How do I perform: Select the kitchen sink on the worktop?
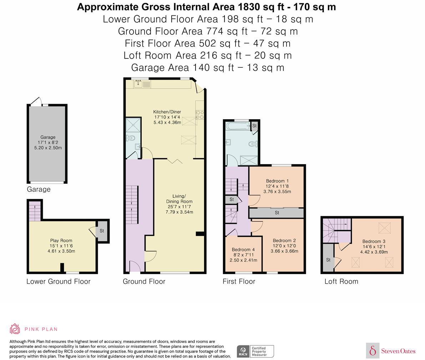[x=138, y=84]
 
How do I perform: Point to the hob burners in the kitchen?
[x=200, y=115]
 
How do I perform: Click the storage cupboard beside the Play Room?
[x=102, y=231]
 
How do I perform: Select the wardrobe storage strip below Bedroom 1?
[x=277, y=213]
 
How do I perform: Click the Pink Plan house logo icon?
[x=15, y=329]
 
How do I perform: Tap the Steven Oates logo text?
[x=398, y=351]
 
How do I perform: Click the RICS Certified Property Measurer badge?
[x=255, y=351]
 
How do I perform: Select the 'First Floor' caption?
[x=239, y=282]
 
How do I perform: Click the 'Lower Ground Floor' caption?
[x=58, y=282]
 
